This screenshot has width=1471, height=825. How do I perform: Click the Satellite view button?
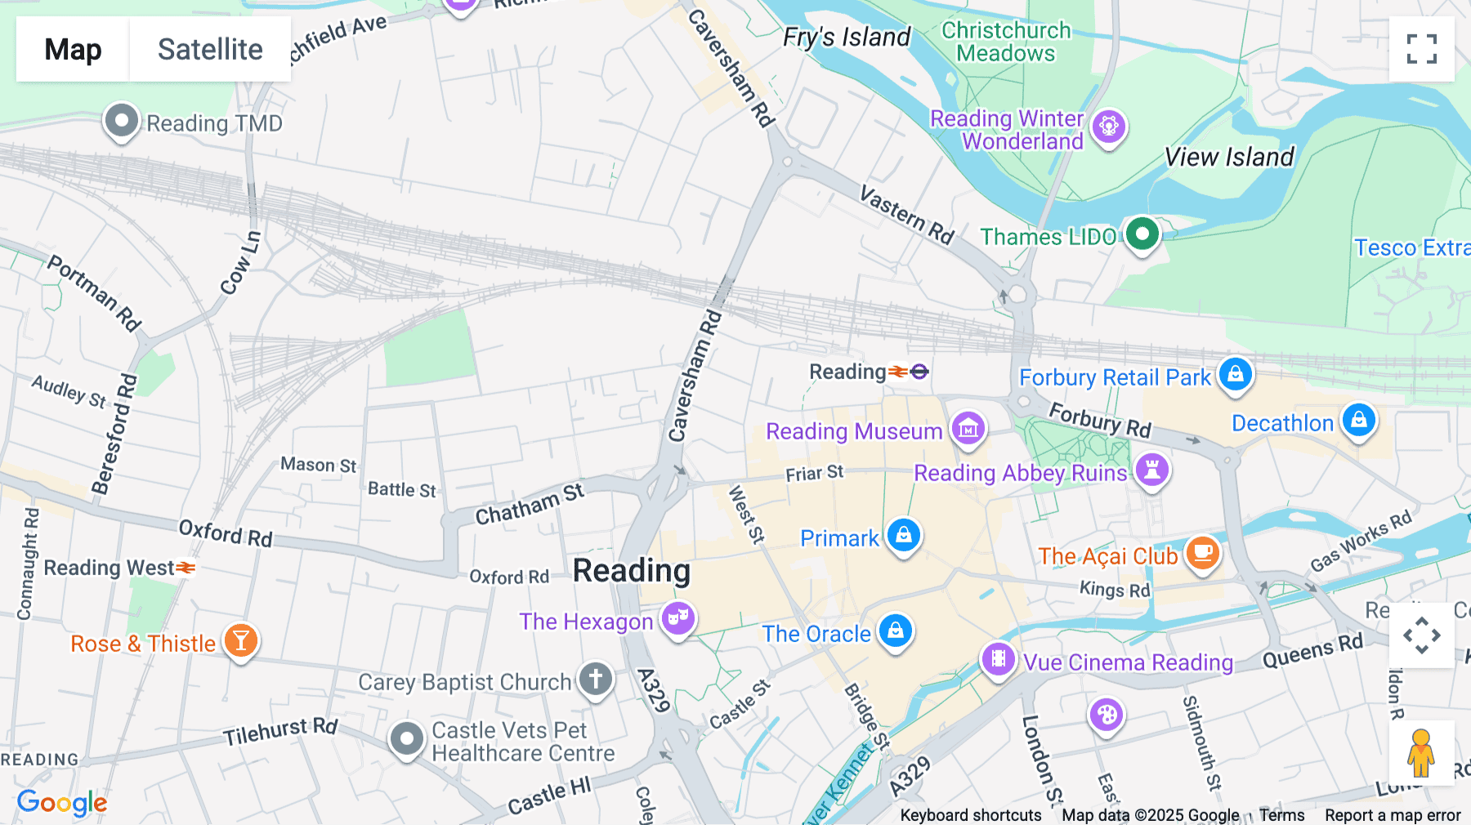point(210,49)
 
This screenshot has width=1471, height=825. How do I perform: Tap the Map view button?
point(73,49)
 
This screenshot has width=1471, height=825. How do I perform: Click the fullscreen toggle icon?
point(1421,49)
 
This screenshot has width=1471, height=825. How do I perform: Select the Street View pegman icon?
point(1420,752)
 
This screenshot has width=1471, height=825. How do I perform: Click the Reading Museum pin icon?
point(968,428)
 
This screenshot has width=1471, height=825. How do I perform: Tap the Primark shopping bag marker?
point(904,535)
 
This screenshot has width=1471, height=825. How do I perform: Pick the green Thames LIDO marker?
point(1142,234)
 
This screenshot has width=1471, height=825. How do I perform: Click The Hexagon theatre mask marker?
point(678,618)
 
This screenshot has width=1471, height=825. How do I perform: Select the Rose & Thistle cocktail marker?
point(241,640)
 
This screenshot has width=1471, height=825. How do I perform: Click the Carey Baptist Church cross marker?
point(596,679)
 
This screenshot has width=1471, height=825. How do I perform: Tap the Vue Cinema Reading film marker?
point(999,658)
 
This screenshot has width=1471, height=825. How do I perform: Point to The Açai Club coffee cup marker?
point(1203,554)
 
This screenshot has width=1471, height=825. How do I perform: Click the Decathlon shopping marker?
point(1358,420)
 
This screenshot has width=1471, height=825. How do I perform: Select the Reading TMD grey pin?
point(122,122)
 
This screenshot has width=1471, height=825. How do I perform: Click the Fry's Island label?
point(847,38)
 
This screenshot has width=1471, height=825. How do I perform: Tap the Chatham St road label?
point(530,504)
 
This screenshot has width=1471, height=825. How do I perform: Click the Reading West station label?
point(109,568)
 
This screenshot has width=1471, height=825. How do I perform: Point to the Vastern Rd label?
point(906,215)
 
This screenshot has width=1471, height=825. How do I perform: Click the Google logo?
point(62,803)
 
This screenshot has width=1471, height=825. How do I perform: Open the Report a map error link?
point(1393,815)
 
